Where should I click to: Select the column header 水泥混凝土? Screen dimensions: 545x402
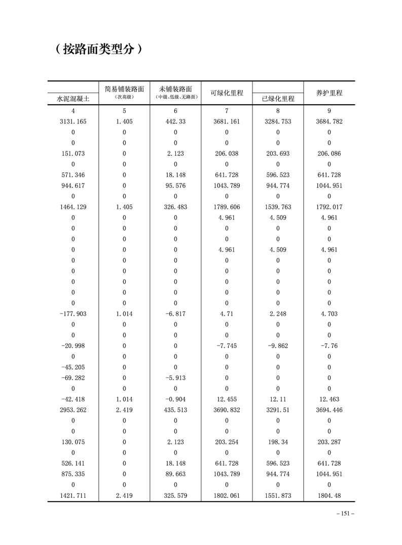[x=73, y=99]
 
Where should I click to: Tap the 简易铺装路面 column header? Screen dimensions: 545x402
[x=124, y=89]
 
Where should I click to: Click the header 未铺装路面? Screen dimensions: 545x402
[x=175, y=89]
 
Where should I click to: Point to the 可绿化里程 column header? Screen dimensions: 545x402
[x=227, y=93]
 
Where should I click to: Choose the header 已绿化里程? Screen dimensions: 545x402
[x=278, y=99]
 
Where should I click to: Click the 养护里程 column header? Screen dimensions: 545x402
[x=329, y=93]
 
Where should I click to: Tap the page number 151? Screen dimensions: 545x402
[x=345, y=514]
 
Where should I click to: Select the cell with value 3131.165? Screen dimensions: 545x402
[x=73, y=121]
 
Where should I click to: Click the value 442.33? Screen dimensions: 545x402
[x=175, y=121]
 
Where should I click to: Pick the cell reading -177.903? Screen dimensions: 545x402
[x=73, y=314]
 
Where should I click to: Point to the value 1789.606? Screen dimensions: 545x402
[x=227, y=207]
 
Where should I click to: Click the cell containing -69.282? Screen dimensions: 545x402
[x=73, y=378]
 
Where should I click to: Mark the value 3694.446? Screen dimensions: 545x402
[x=329, y=410]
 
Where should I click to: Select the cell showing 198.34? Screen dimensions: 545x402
[x=278, y=442]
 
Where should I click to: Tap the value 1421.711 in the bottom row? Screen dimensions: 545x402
[x=73, y=495]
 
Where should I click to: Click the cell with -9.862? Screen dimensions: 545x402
[x=278, y=346]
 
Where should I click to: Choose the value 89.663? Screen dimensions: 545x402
[x=175, y=474]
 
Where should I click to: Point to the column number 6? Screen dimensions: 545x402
[x=175, y=111]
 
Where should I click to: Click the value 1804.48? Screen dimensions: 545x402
[x=329, y=495]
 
